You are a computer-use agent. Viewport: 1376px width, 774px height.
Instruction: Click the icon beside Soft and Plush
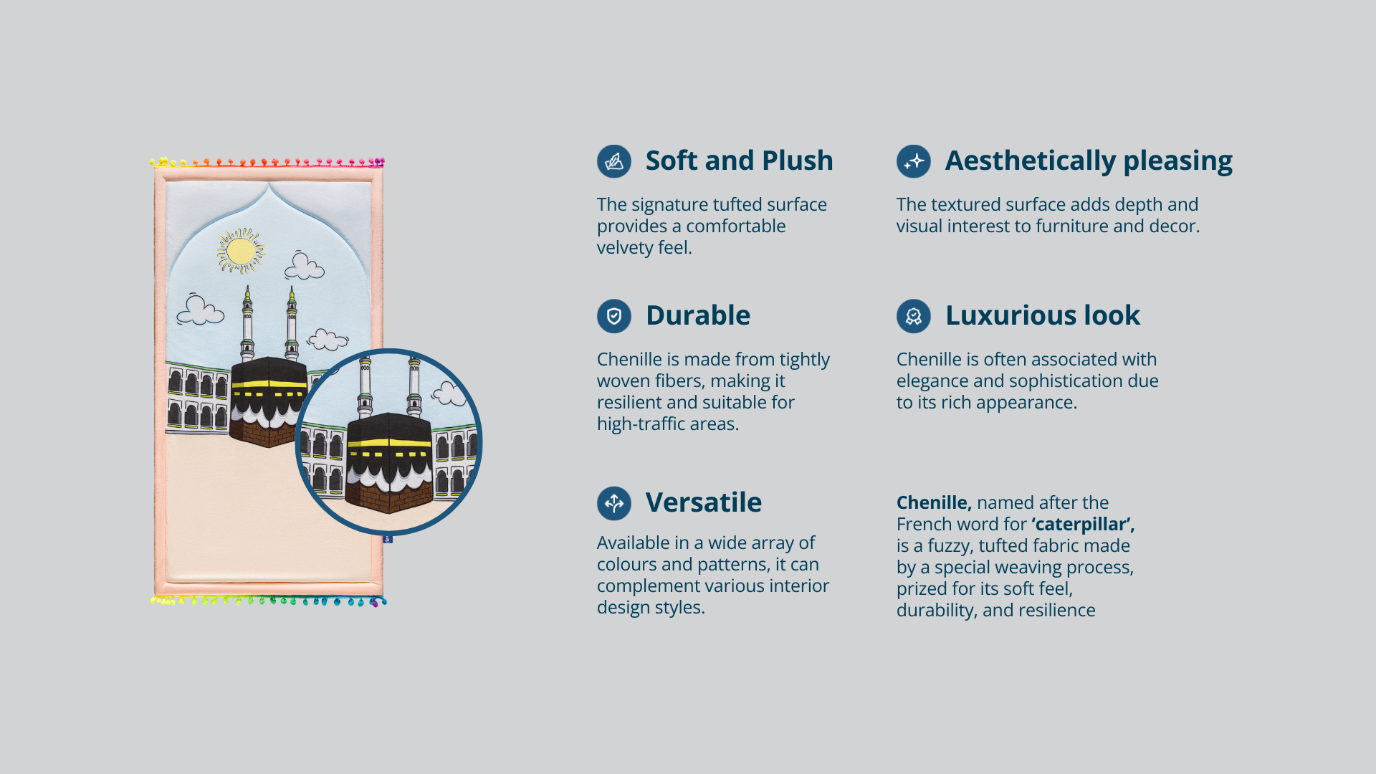[x=614, y=161]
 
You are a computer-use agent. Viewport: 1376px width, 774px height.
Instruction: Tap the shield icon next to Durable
[x=614, y=316]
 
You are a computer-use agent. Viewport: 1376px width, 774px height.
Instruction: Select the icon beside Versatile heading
[x=614, y=503]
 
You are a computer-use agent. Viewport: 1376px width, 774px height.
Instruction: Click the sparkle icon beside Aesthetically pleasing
[x=914, y=161]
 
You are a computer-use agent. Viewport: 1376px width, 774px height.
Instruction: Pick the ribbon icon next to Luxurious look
[x=914, y=316]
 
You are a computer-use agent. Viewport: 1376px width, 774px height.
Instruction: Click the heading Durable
[x=698, y=315]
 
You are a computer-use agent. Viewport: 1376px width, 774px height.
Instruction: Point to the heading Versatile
[x=704, y=502]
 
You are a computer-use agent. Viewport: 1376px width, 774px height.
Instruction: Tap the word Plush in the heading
[x=797, y=161]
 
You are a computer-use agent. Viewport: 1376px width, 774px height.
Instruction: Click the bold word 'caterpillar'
[x=1084, y=525]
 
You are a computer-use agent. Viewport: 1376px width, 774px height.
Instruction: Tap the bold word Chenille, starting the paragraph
[x=934, y=502]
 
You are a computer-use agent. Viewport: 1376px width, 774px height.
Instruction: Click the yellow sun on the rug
[x=241, y=251]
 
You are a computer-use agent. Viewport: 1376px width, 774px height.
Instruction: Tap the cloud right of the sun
[x=305, y=266]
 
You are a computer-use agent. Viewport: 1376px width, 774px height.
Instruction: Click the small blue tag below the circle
[x=388, y=539]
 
